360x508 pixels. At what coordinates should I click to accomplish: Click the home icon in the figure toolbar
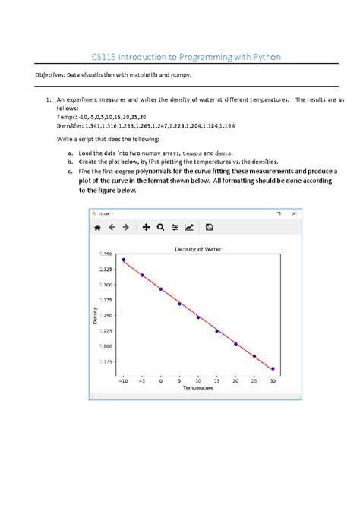pos(97,226)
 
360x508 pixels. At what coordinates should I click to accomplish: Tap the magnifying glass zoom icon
pos(160,226)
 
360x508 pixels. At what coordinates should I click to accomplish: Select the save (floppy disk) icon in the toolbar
pos(210,226)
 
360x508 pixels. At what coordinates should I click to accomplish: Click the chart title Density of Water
pos(197,249)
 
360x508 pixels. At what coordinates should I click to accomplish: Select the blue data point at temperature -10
pos(124,260)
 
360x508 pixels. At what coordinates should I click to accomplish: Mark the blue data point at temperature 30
pos(273,368)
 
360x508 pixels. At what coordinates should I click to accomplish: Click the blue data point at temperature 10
pos(198,317)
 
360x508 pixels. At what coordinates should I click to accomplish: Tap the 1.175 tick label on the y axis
pos(106,361)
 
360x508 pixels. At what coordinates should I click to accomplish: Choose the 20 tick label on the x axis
pos(235,380)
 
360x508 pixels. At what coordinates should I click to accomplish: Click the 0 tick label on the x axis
pos(161,380)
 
